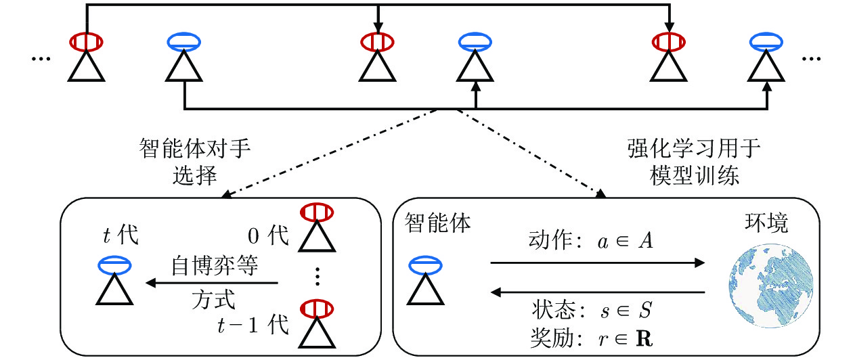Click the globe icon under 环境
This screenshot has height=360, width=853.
tap(771, 286)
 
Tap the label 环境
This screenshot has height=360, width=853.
tap(766, 223)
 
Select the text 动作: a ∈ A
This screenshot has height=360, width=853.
tap(590, 241)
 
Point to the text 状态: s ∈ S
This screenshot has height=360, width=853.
tap(592, 310)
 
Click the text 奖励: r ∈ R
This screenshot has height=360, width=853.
tap(592, 338)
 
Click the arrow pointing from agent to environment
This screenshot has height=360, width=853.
tap(598, 263)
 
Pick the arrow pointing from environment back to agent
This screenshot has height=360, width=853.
tap(598, 292)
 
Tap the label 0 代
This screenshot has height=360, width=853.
tap(268, 235)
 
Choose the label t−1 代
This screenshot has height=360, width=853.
tap(253, 325)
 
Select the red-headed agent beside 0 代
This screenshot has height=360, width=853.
tap(317, 227)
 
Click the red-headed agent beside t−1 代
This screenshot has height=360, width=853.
tap(317, 324)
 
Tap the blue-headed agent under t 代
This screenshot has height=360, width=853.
tap(114, 280)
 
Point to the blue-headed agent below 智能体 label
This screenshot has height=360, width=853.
tap(425, 280)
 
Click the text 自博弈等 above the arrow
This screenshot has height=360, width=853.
tap(215, 266)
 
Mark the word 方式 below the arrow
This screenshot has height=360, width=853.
tap(213, 300)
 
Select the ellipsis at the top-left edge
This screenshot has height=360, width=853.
tap(41, 59)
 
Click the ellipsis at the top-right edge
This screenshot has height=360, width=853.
tap(811, 59)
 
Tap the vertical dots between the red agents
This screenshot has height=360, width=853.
tap(318, 276)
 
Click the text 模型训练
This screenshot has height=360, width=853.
tap(694, 176)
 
